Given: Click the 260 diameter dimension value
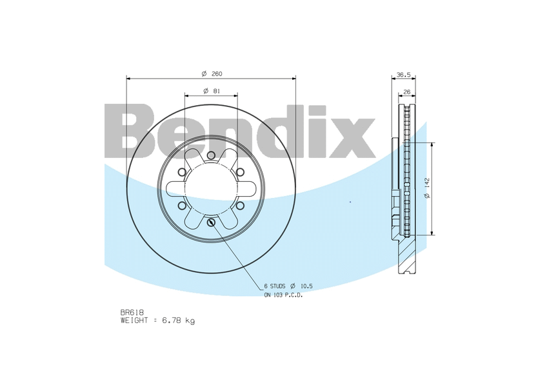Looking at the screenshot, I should click(x=217, y=74).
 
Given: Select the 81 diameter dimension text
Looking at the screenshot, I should click(x=216, y=91).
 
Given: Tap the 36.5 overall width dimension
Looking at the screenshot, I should click(x=403, y=74).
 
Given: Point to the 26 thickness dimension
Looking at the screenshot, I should click(x=406, y=91).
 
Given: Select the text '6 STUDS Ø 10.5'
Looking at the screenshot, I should click(x=288, y=286).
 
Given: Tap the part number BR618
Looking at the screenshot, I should click(x=132, y=312).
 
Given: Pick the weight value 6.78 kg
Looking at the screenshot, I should click(x=181, y=320).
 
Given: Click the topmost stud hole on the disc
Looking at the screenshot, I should click(x=211, y=155).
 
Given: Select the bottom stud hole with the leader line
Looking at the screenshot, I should click(x=211, y=223).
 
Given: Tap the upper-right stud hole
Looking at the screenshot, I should click(x=240, y=172).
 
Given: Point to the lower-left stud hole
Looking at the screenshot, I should click(x=182, y=206).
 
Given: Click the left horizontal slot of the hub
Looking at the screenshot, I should click(x=175, y=189).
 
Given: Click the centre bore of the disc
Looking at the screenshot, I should click(x=211, y=189).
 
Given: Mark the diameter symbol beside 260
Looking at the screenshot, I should click(x=203, y=74).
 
